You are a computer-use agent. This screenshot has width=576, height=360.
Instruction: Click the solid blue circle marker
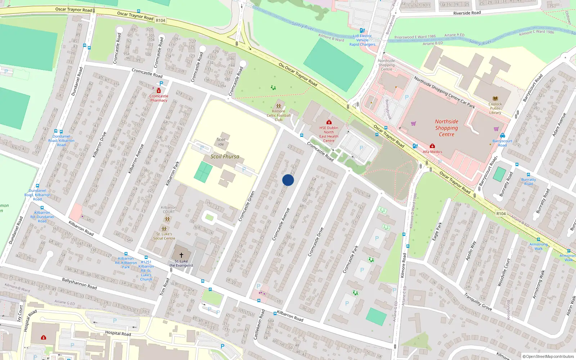pyautogui.click(x=288, y=180)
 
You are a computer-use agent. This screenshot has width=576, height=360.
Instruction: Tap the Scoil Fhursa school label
pyautogui.click(x=225, y=157)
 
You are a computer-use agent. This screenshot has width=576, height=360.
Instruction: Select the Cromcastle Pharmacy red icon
pyautogui.click(x=159, y=91)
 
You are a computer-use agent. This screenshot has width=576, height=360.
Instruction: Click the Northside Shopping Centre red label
pyautogui.click(x=446, y=128)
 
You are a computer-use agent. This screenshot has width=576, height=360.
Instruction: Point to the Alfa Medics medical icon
pyautogui.click(x=432, y=146)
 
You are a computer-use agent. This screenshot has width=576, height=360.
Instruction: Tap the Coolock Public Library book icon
pyautogui.click(x=495, y=99)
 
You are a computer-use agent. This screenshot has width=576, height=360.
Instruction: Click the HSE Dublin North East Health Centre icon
pyautogui.click(x=329, y=122)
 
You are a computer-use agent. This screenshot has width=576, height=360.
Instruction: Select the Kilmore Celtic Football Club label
pyautogui.click(x=279, y=115)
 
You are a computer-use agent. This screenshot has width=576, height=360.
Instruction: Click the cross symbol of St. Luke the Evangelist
pyautogui.click(x=181, y=255)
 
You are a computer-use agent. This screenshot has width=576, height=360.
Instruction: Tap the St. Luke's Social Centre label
pyautogui.click(x=164, y=236)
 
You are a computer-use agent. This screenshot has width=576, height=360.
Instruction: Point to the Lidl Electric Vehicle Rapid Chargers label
pyautogui.click(x=362, y=40)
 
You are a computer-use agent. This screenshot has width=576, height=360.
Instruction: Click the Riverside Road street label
pyautogui.click(x=467, y=13)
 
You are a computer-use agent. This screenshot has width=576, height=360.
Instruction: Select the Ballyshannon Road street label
pyautogui.click(x=79, y=283)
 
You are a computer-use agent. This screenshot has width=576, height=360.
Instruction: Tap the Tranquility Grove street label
pyautogui.click(x=478, y=302)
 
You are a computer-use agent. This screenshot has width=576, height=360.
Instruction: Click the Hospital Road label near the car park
pyautogui.click(x=118, y=333)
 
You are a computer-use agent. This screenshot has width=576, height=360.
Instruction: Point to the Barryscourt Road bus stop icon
pyautogui.click(x=503, y=135)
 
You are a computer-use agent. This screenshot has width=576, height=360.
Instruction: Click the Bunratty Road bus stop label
pyautogui.click(x=528, y=181)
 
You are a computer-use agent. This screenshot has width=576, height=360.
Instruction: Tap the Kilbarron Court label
pyautogui.click(x=168, y=210)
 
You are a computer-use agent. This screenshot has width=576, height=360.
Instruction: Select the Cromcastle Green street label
pyautogui.click(x=247, y=206)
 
